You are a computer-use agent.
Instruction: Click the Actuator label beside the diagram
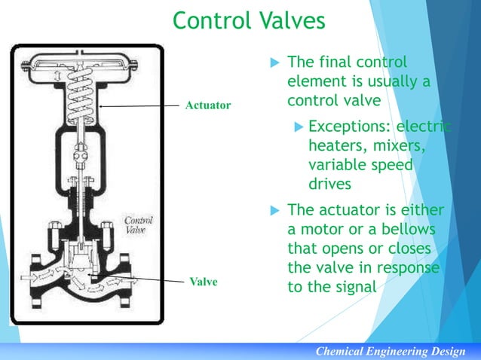208,105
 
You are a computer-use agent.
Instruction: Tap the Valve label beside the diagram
202,282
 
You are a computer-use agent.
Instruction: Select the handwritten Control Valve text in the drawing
139,225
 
